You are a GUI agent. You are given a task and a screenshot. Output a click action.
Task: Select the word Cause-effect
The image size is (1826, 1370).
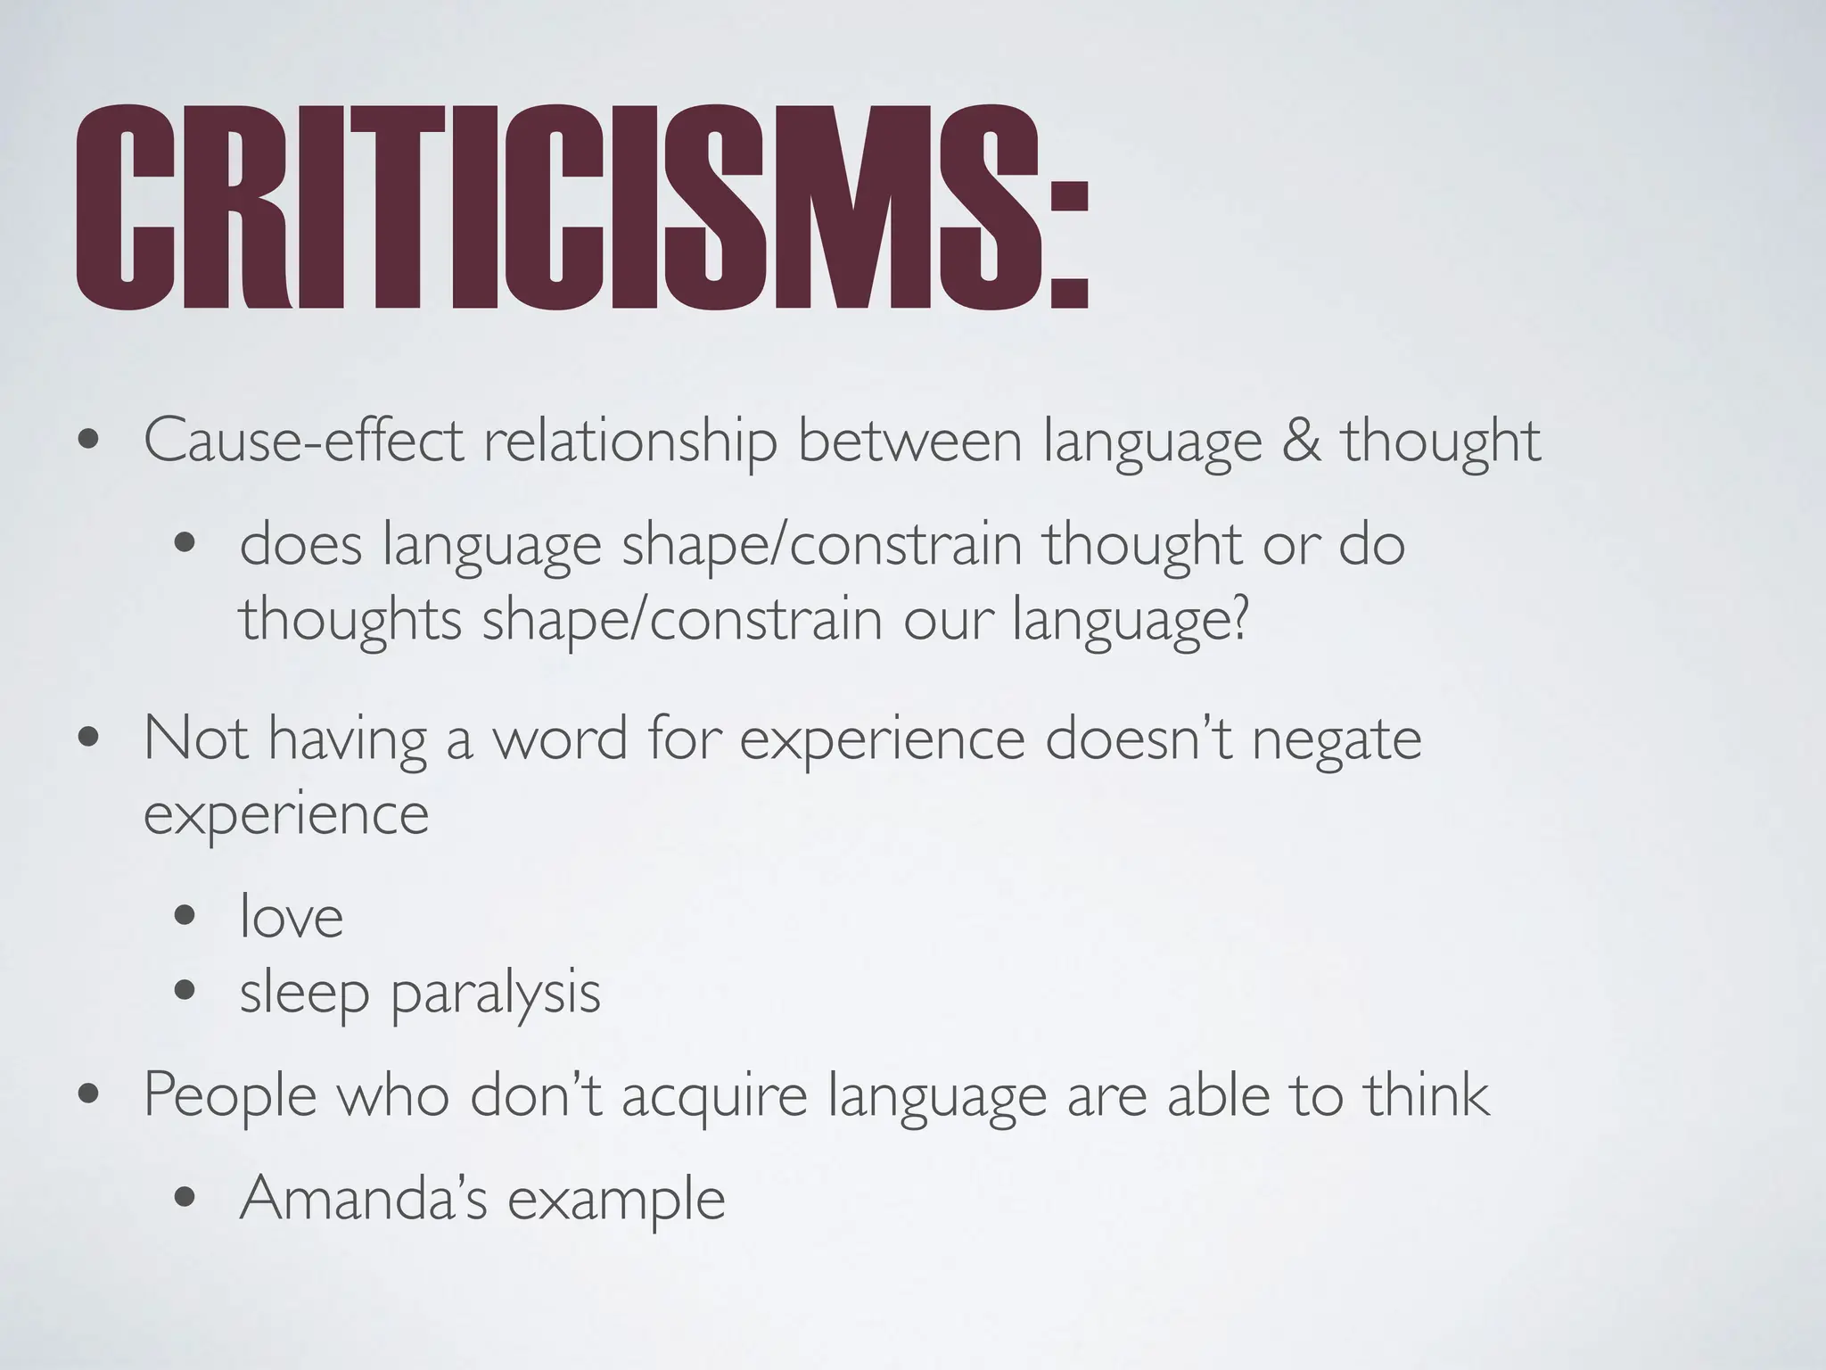pyautogui.click(x=303, y=441)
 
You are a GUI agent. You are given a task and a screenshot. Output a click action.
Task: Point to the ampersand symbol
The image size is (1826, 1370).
pyautogui.click(x=1302, y=441)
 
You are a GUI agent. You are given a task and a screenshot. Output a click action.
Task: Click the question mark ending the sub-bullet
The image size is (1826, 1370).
pyautogui.click(x=1238, y=619)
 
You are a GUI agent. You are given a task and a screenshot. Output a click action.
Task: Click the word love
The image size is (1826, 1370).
pyautogui.click(x=292, y=917)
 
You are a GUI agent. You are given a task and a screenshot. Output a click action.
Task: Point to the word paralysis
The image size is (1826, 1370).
pyautogui.click(x=496, y=994)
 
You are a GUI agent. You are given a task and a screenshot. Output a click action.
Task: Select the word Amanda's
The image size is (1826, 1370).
pyautogui.click(x=364, y=1198)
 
